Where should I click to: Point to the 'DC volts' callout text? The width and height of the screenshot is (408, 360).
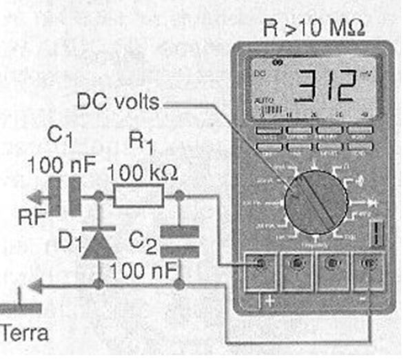tap(118, 103)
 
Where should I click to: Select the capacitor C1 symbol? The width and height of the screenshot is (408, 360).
tap(74, 197)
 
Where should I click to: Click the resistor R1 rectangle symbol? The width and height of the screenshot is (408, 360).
tap(139, 198)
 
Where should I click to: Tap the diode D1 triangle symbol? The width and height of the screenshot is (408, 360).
tap(98, 244)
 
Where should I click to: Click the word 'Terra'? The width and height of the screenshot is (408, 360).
tap(24, 334)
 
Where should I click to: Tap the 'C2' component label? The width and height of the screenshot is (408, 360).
tap(143, 241)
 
